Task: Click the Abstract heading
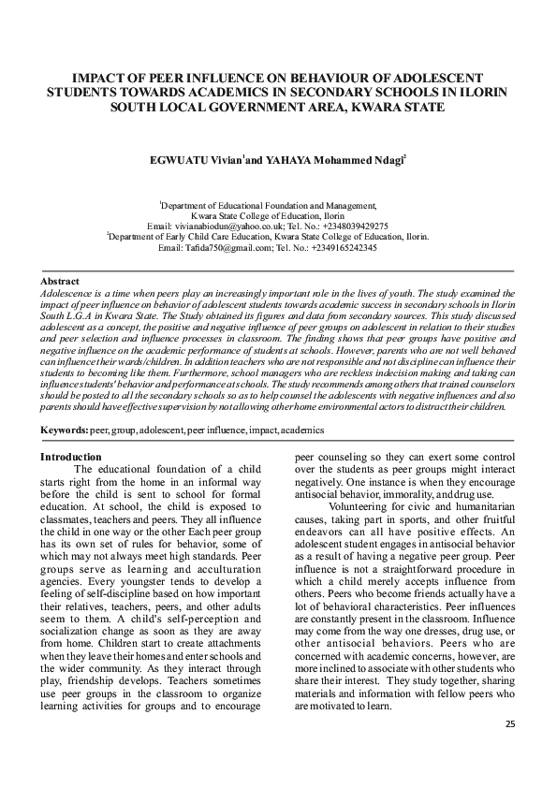pyautogui.click(x=60, y=281)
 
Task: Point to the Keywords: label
pyautogui.click(x=64, y=430)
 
